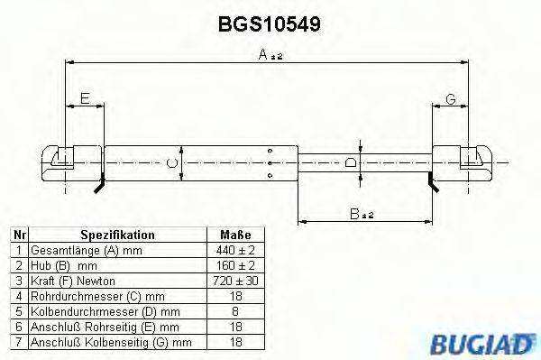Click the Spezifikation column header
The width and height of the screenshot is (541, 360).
click(x=118, y=235)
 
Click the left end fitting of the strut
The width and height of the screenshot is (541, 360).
click(x=68, y=160)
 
